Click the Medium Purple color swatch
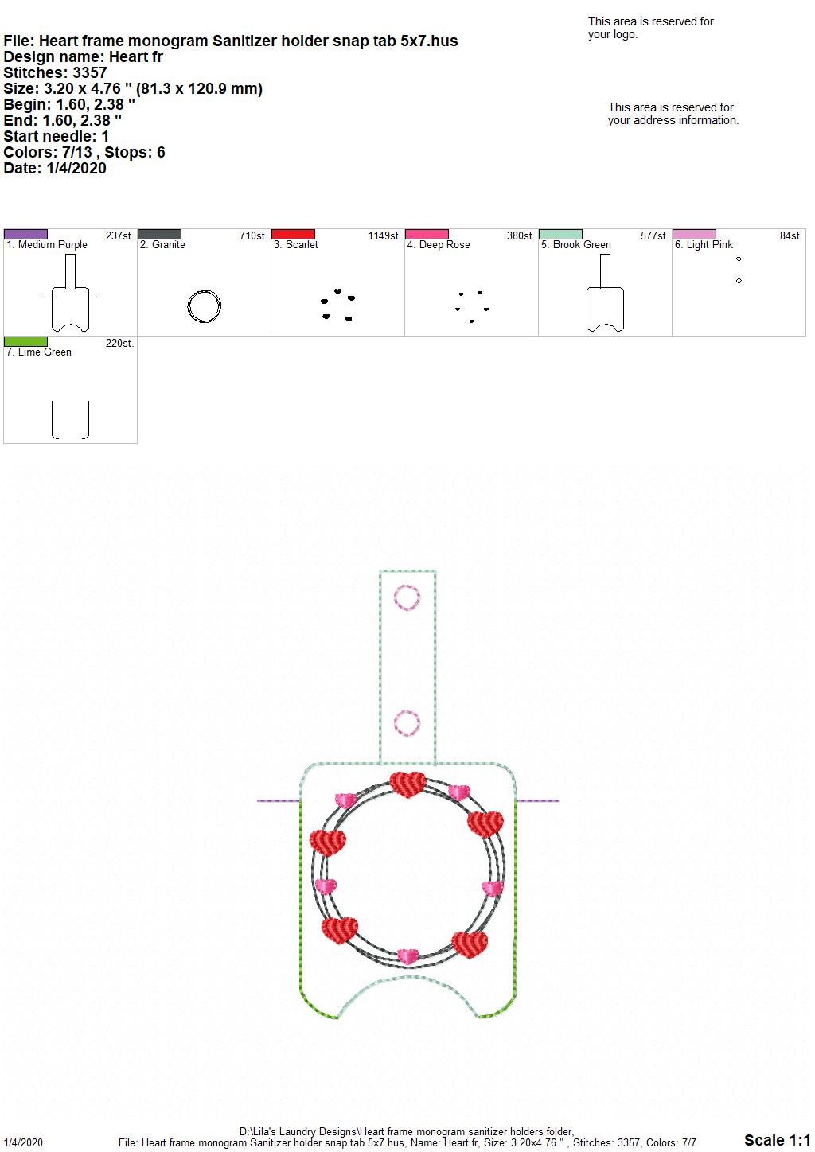click(x=25, y=235)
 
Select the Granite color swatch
click(x=159, y=235)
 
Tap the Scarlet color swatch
click(x=293, y=235)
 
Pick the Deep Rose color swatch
click(x=427, y=235)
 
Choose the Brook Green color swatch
click(x=561, y=235)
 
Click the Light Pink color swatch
click(x=695, y=235)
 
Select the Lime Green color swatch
click(x=25, y=342)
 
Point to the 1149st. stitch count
click(x=384, y=236)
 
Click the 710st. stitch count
click(x=253, y=236)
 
